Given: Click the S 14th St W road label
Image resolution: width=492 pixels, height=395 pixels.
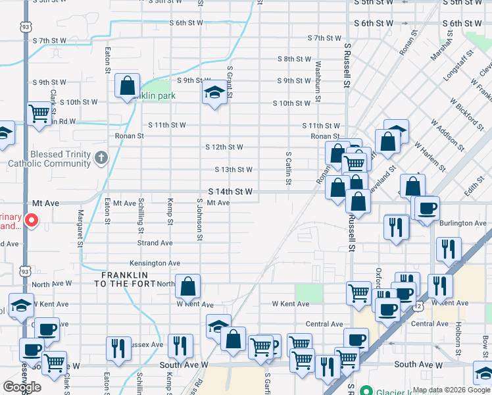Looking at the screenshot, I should pos(230,192).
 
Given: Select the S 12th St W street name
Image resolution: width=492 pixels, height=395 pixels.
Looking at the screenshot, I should pos(224,147).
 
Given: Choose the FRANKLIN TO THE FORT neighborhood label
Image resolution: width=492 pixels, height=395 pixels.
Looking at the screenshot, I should pos(125,279).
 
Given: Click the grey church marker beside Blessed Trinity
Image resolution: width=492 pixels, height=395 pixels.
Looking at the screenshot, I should pos(101,157).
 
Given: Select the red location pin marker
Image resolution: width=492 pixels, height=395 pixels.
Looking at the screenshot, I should pos(31,220).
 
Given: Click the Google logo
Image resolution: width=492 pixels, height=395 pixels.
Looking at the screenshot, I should pos(22,387).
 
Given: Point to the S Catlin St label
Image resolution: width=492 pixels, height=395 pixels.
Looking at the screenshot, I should pos(288,168).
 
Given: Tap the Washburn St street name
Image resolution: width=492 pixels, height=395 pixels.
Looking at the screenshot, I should pos(318,77).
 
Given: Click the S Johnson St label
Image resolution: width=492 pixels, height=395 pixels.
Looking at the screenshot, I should pos(199,219).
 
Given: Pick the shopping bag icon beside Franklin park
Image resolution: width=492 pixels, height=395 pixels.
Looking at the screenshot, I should pos(127,86).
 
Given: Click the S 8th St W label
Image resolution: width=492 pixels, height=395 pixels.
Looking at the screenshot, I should pos(293,59).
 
